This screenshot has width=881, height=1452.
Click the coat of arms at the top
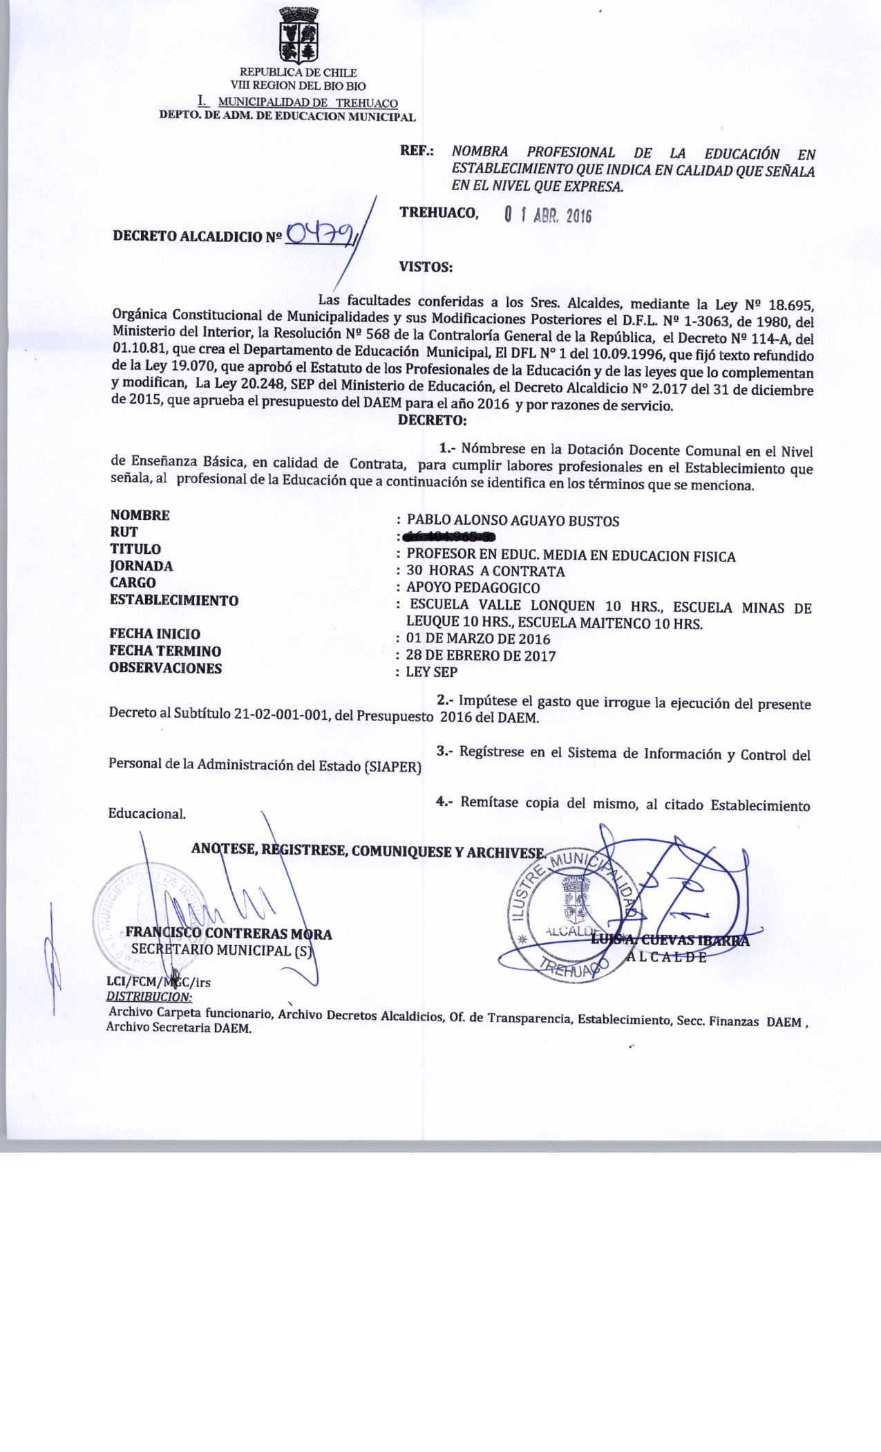pyautogui.click(x=299, y=35)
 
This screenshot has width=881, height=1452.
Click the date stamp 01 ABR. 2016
pyautogui.click(x=548, y=215)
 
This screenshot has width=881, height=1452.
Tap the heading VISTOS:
pyautogui.click(x=426, y=266)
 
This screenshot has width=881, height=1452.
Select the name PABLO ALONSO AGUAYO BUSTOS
pyautogui.click(x=513, y=521)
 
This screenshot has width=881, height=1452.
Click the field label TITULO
pyautogui.click(x=135, y=549)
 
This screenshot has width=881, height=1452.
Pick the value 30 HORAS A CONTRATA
pyautogui.click(x=485, y=571)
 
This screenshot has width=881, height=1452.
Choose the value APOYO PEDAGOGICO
pyautogui.click(x=473, y=588)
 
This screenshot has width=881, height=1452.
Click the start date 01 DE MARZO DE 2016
pyautogui.click(x=478, y=639)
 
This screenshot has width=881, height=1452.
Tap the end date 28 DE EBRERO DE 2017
pyautogui.click(x=481, y=655)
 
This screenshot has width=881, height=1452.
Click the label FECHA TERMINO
pyautogui.click(x=166, y=651)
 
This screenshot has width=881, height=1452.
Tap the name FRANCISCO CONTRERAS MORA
pyautogui.click(x=229, y=934)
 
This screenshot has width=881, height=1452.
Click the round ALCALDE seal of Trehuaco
pyautogui.click(x=569, y=914)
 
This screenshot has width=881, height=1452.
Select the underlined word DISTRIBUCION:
pyautogui.click(x=149, y=996)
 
